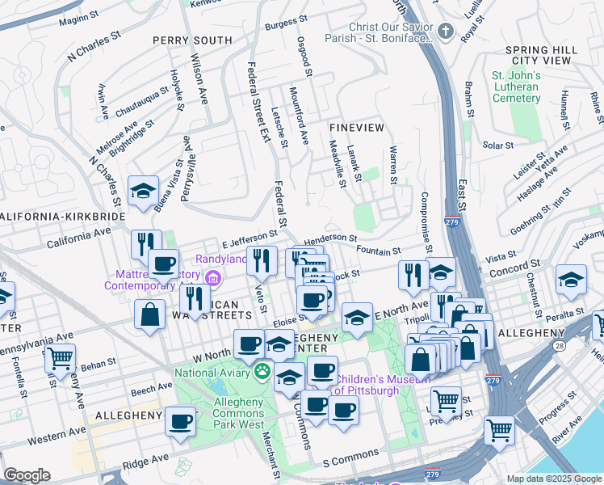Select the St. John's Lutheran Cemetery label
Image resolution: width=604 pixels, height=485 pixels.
pyautogui.click(x=517, y=87)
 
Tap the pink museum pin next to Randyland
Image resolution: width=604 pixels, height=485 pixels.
pyautogui.click(x=213, y=280)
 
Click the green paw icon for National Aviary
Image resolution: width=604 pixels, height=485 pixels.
pyautogui.click(x=262, y=373)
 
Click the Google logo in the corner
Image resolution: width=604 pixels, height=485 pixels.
pyautogui.click(x=27, y=475)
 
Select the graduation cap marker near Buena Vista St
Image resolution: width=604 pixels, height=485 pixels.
pyautogui.click(x=143, y=191)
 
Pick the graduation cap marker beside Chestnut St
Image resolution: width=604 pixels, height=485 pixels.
pyautogui.click(x=571, y=280)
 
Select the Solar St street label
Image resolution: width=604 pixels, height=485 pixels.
pyautogui.click(x=497, y=145)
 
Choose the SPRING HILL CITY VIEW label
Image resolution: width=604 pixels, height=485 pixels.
pyautogui.click(x=542, y=55)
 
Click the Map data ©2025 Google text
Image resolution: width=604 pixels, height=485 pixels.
pyautogui.click(x=554, y=479)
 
